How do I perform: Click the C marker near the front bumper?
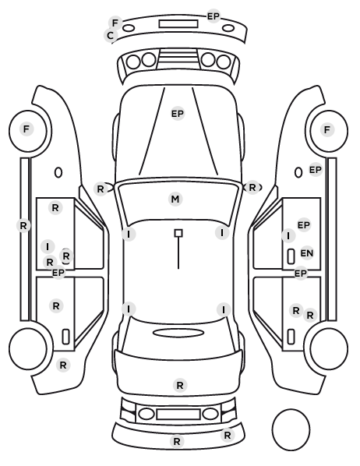111,36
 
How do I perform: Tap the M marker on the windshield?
175,199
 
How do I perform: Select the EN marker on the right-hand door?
307,253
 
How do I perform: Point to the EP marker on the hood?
178,114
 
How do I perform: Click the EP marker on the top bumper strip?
214,16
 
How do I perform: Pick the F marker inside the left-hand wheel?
26,129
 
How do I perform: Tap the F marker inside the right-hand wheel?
327,130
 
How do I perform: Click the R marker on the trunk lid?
180,386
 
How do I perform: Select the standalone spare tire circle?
291,429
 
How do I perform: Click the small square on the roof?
178,233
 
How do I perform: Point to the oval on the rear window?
178,333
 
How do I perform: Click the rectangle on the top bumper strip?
178,24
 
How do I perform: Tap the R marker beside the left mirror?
101,189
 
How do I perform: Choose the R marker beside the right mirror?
252,188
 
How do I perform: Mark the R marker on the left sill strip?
23,225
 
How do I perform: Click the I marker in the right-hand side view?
288,236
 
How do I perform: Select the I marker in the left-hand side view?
48,246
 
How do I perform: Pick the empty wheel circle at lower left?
28,348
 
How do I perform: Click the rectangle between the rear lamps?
178,414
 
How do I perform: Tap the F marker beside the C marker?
115,23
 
